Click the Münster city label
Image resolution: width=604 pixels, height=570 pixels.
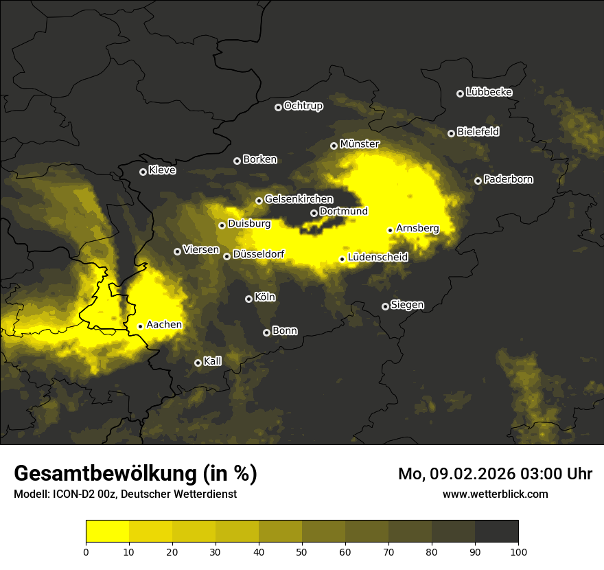click(x=360, y=144)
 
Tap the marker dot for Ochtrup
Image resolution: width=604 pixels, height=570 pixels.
click(x=278, y=107)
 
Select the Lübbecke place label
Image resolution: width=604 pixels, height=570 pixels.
click(x=489, y=92)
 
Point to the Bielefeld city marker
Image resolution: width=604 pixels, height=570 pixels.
click(x=451, y=133)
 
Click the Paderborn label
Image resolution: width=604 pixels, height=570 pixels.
click(x=508, y=179)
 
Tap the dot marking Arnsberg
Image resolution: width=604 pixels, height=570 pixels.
click(x=390, y=231)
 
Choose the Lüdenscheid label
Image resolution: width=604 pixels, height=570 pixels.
click(x=377, y=258)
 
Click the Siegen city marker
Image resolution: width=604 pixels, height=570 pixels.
click(x=385, y=306)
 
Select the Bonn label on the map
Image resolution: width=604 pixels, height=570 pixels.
click(x=285, y=330)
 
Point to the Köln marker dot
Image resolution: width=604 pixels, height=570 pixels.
click(x=248, y=299)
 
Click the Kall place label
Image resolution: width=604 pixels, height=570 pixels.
click(x=213, y=361)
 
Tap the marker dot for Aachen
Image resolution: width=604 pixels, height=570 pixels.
click(x=140, y=327)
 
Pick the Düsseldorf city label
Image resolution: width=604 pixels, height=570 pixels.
click(x=258, y=254)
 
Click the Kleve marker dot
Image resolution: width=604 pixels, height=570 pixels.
click(x=143, y=172)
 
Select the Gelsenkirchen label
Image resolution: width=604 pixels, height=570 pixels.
click(x=299, y=199)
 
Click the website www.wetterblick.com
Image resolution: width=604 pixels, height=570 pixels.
click(x=495, y=494)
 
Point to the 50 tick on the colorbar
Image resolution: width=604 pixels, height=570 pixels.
click(x=302, y=551)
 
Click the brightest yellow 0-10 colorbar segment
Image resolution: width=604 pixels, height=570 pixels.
click(x=107, y=531)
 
